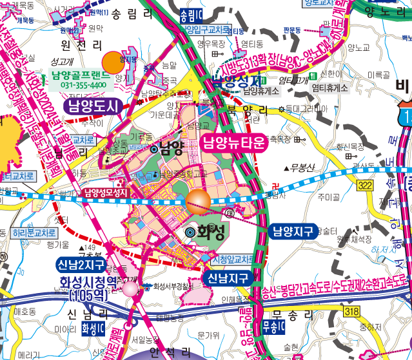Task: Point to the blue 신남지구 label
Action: [x=228, y=278]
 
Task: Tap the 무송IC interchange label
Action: [x=273, y=326]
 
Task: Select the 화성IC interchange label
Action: [x=93, y=328]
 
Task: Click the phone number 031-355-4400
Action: [x=84, y=85]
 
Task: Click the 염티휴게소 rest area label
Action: [x=329, y=88]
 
